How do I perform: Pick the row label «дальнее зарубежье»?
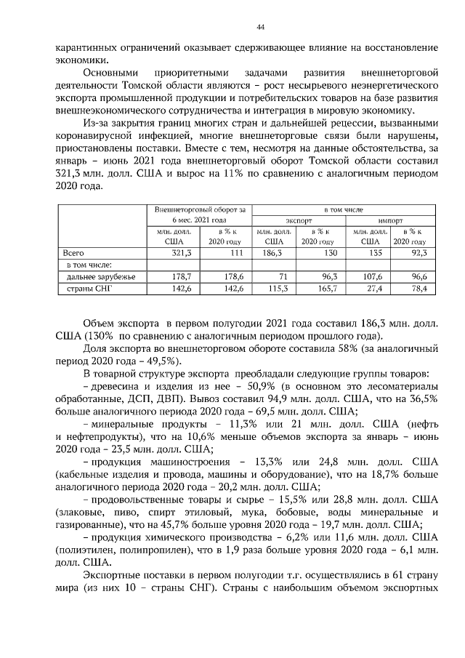coord(95,277)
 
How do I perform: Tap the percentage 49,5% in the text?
coord(165,361)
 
